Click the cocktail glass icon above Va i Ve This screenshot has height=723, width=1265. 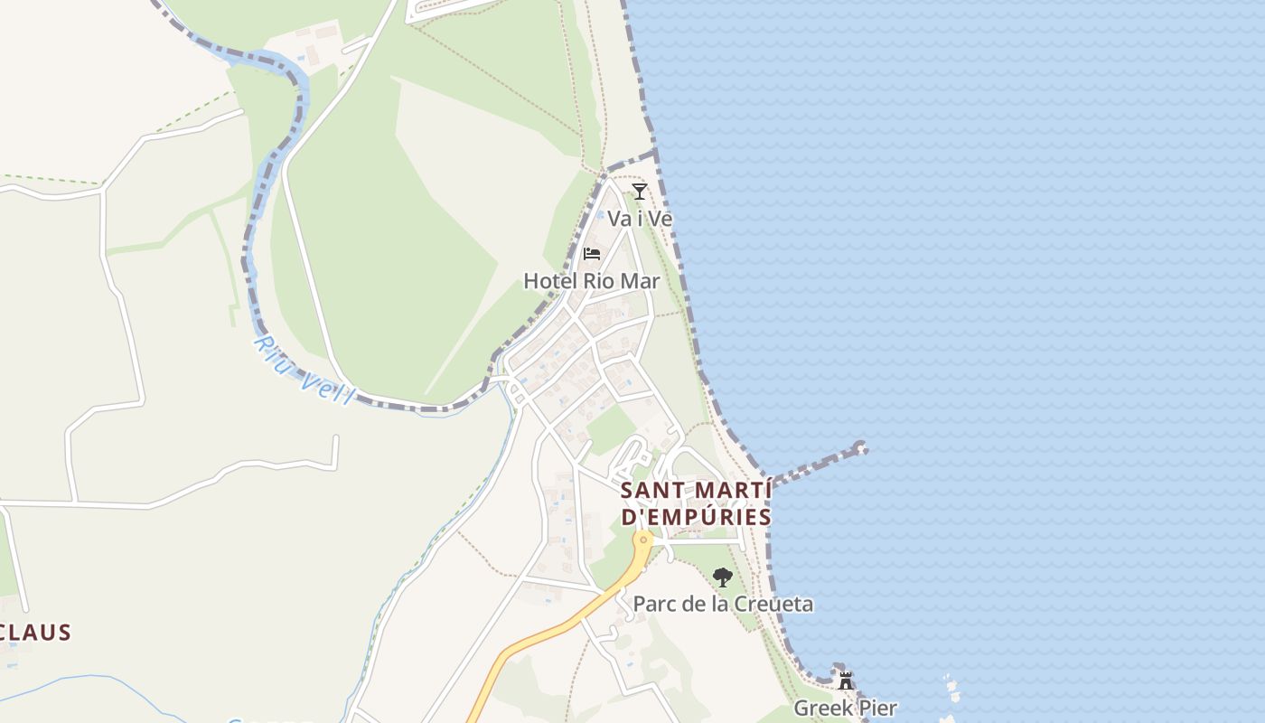pos(640,191)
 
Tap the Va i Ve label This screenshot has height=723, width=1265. pos(640,219)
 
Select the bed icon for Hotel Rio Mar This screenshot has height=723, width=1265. pos(592,254)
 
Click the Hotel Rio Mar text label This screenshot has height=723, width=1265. pos(592,281)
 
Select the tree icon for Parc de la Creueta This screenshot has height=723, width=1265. pos(722,577)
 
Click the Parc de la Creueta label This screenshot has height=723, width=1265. pos(723,604)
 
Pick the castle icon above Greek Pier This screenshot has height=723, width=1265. pos(846,681)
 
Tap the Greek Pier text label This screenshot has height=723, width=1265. pos(845,708)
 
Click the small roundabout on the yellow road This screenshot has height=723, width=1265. pos(643,540)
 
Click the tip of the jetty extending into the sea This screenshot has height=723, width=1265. pos(860,447)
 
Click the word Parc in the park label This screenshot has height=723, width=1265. pos(652,604)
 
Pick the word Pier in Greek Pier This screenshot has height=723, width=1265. pos(876,708)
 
